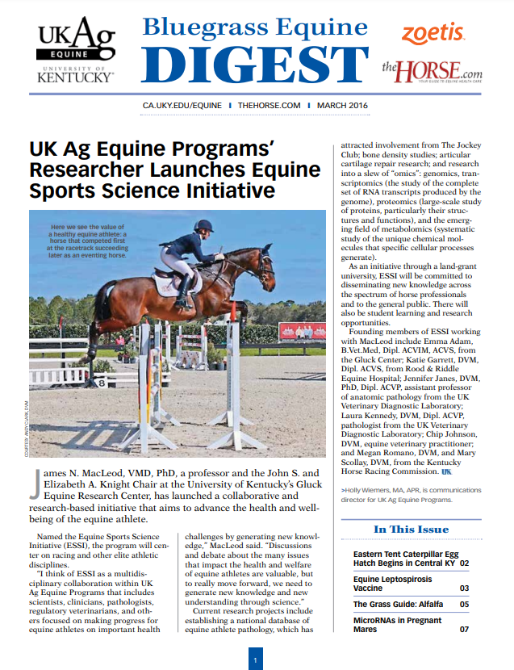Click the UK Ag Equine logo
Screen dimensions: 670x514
pos(76,50)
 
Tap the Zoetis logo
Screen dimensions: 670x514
pos(433,33)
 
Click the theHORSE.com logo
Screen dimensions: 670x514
pos(434,72)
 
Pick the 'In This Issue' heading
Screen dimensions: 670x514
pos(411,530)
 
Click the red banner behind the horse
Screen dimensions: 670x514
pos(303,330)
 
